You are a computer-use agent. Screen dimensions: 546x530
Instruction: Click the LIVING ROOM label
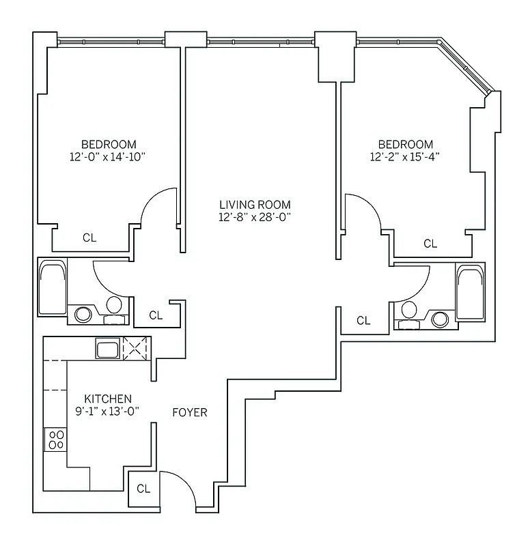(255, 204)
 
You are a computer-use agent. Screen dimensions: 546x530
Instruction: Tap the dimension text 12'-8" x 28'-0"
(255, 217)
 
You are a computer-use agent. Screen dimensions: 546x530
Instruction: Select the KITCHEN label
(108, 399)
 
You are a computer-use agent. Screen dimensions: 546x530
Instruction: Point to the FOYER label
(189, 412)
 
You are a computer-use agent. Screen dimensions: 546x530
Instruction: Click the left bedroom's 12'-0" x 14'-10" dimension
(109, 156)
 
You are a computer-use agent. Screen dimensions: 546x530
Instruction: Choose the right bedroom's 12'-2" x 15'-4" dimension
(406, 156)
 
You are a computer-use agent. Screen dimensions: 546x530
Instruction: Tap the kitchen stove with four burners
(55, 440)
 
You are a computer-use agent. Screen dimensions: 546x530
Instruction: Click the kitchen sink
(108, 349)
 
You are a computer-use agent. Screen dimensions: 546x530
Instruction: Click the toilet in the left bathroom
(114, 306)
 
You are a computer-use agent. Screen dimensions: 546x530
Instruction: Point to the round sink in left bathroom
(83, 314)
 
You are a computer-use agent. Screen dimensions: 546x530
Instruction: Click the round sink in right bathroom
(441, 318)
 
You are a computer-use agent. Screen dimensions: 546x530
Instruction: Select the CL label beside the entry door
(143, 489)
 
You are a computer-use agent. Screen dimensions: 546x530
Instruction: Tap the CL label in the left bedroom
(89, 238)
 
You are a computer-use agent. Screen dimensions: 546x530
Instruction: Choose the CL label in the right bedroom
(430, 243)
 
